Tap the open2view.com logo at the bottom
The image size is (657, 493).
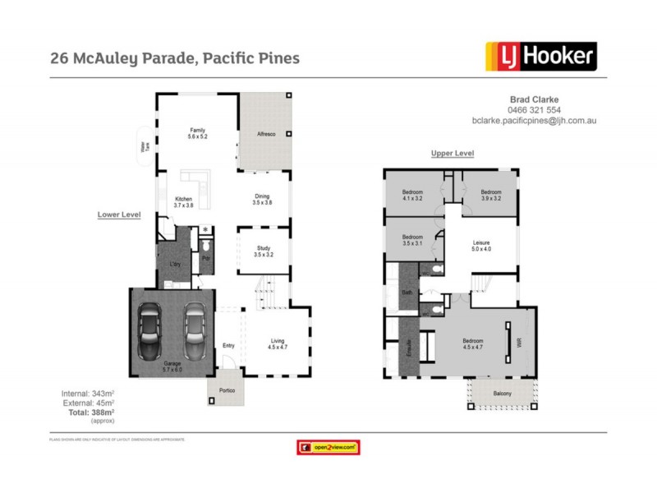point(328,448)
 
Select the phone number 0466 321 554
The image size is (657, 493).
point(534,110)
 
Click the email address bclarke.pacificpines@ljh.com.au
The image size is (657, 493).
point(534,120)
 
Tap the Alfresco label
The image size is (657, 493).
point(265,133)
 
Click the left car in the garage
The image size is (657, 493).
point(150,329)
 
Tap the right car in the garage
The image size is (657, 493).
point(195,329)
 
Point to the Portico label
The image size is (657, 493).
point(227,391)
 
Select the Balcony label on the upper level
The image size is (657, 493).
point(503,394)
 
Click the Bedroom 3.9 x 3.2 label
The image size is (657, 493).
point(491,195)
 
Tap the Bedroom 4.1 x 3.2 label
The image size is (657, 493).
point(413,195)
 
